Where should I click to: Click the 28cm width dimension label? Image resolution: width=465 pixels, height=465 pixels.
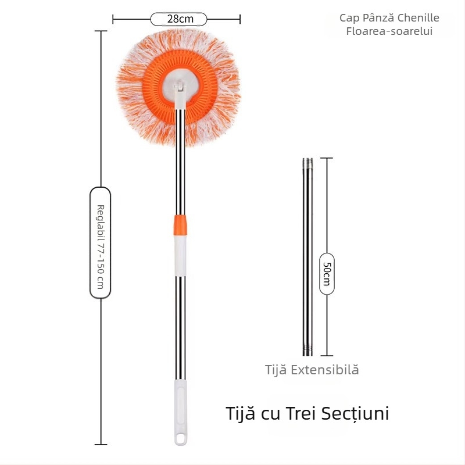(x=179, y=19)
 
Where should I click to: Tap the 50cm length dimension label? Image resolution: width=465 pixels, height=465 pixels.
(x=327, y=273)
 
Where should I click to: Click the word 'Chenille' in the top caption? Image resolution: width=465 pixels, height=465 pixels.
(x=419, y=18)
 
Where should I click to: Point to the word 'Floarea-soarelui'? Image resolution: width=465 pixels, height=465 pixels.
(x=389, y=31)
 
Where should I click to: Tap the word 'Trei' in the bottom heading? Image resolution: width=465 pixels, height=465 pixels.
(x=304, y=414)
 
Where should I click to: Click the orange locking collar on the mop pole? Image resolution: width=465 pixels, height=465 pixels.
(x=180, y=223)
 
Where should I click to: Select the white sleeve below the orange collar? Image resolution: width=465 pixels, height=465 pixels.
(x=180, y=253)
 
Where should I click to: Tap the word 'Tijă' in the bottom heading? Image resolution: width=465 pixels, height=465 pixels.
(x=238, y=414)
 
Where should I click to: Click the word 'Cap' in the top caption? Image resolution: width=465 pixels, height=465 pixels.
(x=348, y=18)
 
